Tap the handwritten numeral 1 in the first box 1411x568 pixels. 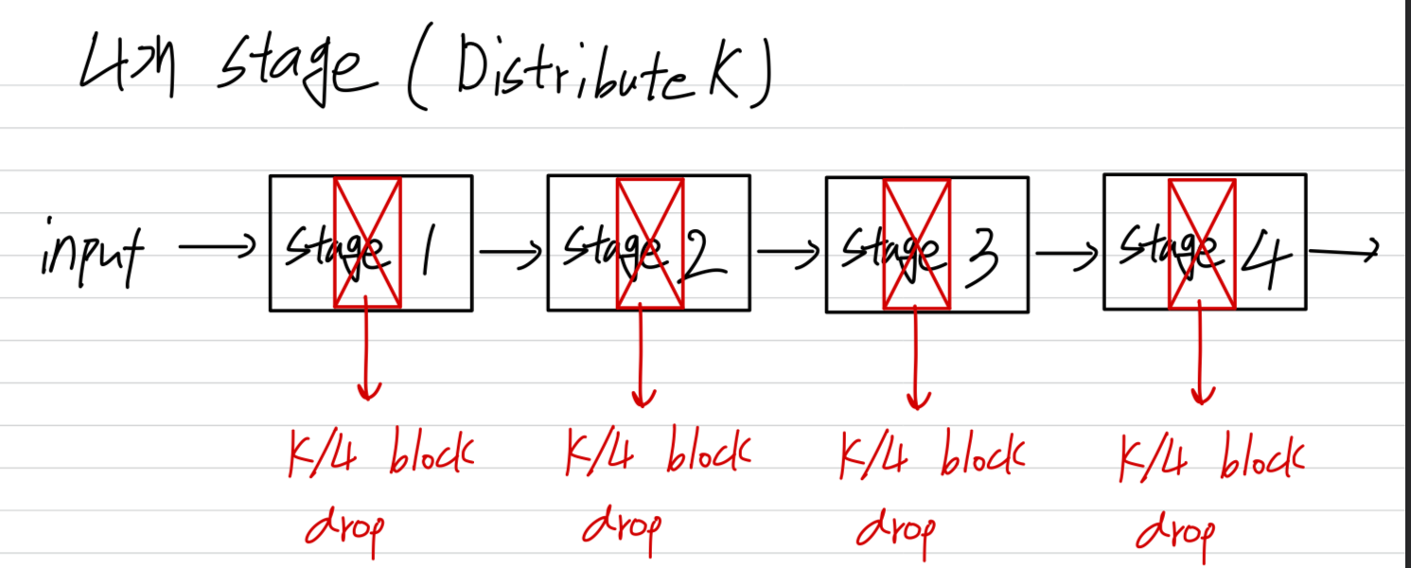pyautogui.click(x=428, y=252)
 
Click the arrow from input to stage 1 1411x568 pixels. pyautogui.click(x=216, y=249)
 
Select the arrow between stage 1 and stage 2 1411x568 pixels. pyautogui.click(x=510, y=252)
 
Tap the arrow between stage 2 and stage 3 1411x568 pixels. pyautogui.click(x=787, y=252)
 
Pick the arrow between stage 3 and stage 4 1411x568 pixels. pyautogui.click(x=1067, y=253)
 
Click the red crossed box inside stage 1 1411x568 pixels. pyautogui.click(x=367, y=243)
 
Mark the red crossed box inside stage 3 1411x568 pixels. pyautogui.click(x=916, y=244)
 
